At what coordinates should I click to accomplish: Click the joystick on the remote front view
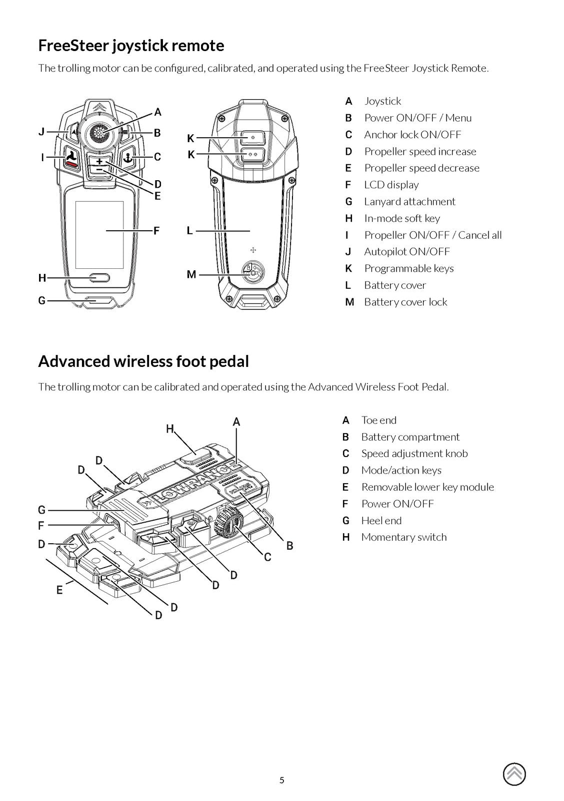pos(99,133)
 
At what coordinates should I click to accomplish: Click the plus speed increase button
pos(99,161)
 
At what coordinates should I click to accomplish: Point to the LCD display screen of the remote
pos(99,234)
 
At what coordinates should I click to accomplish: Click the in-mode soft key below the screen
pos(99,277)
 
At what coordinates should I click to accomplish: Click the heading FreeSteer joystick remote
pos(131,46)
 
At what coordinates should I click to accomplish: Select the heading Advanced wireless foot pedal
pos(143,361)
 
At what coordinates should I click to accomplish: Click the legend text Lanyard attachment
pos(409,201)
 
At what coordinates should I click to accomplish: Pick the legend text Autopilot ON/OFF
pos(406,251)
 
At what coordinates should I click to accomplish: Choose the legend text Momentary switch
pos(403,537)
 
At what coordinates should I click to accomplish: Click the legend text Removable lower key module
pos(427,487)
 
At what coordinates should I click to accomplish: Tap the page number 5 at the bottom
pos(281,780)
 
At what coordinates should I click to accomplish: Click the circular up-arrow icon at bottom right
pos(514,774)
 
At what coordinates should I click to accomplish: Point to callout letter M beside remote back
pos(191,274)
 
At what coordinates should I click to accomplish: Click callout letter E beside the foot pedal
pos(59,590)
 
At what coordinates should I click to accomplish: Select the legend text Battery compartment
pos(410,437)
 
